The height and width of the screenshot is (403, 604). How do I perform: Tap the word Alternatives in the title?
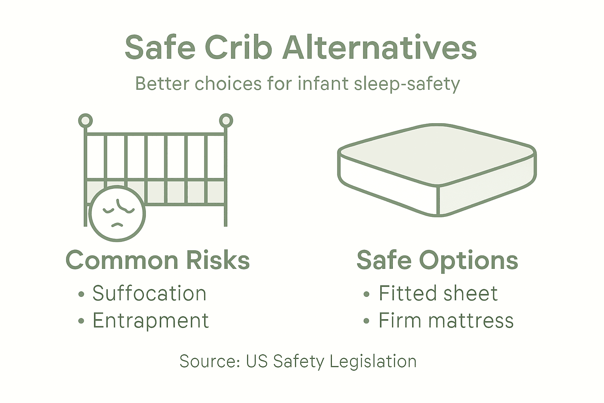pyautogui.click(x=379, y=48)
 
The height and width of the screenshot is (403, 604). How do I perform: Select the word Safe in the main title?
pyautogui.click(x=160, y=48)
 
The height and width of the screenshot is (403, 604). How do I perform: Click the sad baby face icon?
pyautogui.click(x=117, y=214)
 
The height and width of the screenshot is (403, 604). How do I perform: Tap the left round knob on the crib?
pyautogui.click(x=85, y=120)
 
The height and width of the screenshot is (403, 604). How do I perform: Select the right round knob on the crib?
pyautogui.click(x=226, y=120)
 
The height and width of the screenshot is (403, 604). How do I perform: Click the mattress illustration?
pyautogui.click(x=436, y=169)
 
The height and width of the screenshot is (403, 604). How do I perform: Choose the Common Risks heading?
pyautogui.click(x=158, y=260)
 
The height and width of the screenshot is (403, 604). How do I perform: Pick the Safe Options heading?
pyautogui.click(x=437, y=260)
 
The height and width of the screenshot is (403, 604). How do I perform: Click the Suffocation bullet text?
pyautogui.click(x=149, y=294)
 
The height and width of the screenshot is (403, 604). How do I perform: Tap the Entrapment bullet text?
pyautogui.click(x=151, y=320)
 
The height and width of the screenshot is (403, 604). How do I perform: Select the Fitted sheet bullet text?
pyautogui.click(x=438, y=294)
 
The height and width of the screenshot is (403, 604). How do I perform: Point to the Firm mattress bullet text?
pyautogui.click(x=446, y=320)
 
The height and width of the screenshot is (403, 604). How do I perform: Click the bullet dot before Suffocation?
pyautogui.click(x=81, y=294)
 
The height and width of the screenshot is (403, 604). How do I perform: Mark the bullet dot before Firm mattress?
pyautogui.click(x=366, y=321)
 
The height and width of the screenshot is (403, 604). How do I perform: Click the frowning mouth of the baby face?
pyautogui.click(x=117, y=225)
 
